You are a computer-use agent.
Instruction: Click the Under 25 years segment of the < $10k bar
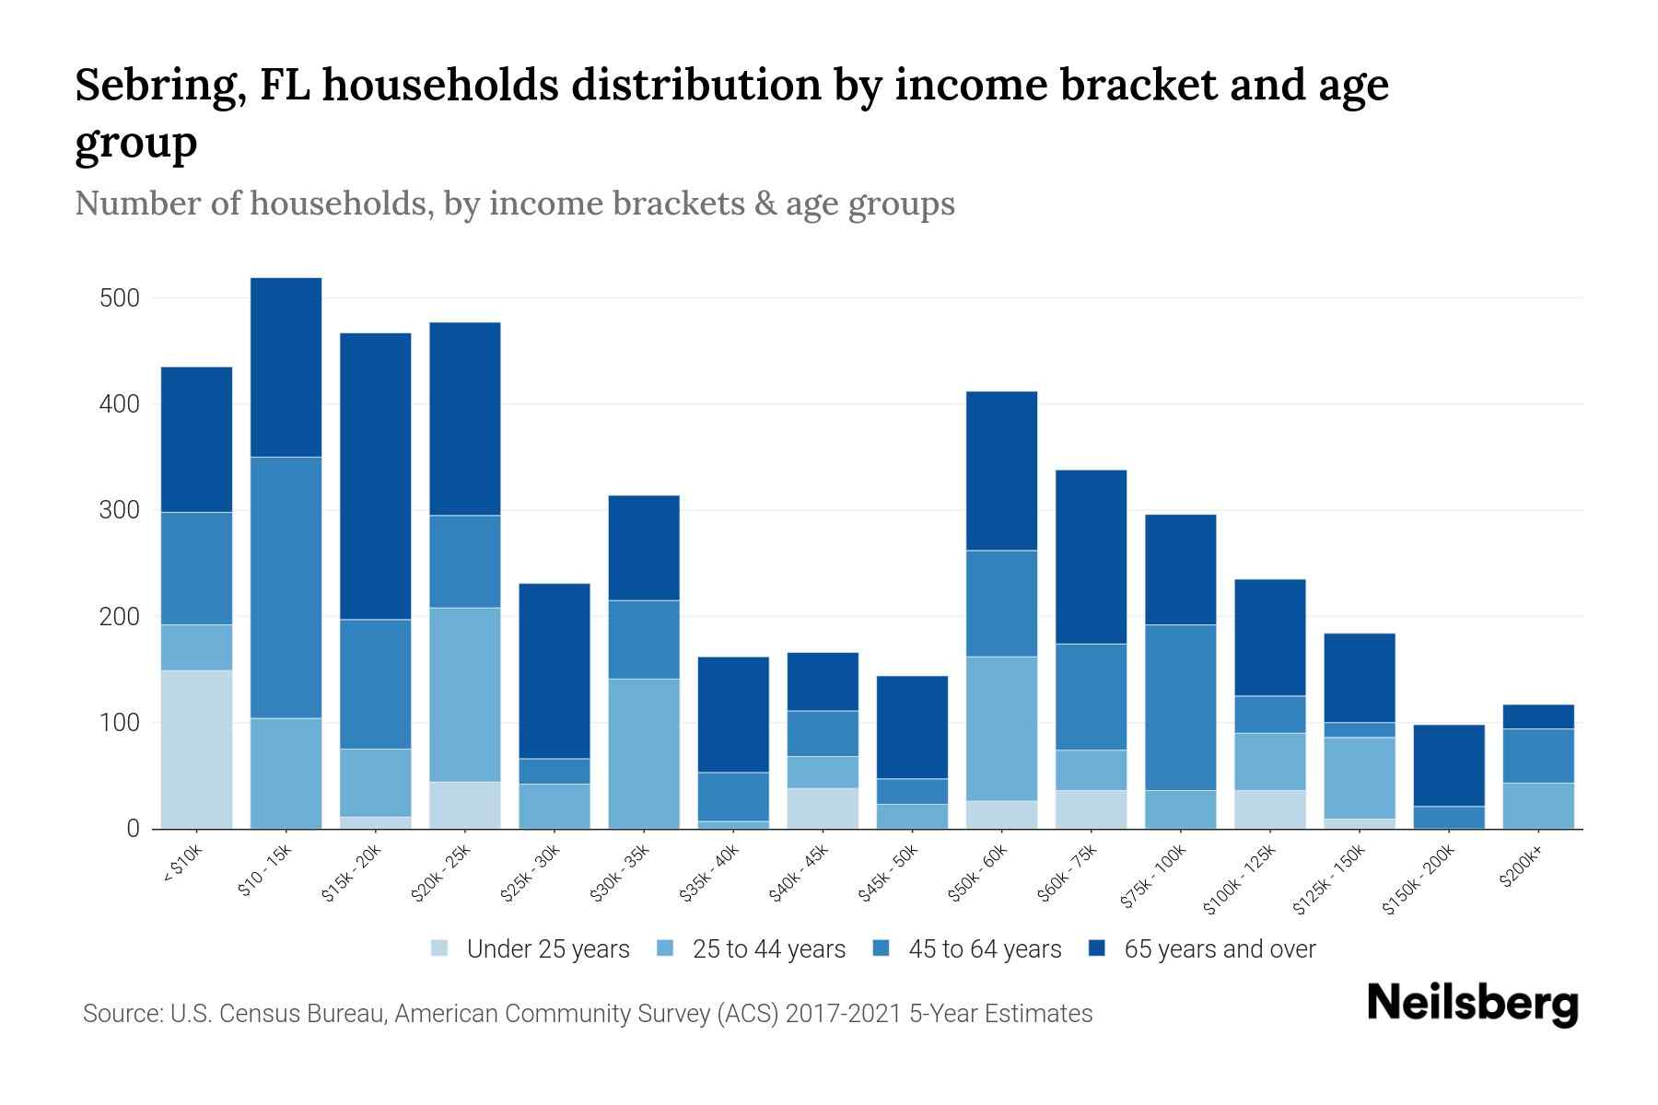coord(196,749)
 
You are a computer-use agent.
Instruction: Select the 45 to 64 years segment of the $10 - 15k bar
coord(286,587)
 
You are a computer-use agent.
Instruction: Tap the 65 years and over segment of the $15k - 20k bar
coord(375,475)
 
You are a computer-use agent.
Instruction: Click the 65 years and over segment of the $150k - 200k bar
coord(1449,765)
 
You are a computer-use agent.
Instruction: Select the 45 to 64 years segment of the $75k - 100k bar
coord(1180,707)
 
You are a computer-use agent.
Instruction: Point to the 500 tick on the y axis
coord(120,298)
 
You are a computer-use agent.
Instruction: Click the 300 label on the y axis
coord(120,510)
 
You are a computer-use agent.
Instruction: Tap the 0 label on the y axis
coord(133,829)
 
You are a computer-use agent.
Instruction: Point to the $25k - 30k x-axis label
coord(531,873)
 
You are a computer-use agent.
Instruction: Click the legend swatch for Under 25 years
coord(440,948)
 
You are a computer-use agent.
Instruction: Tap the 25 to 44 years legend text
coord(768,948)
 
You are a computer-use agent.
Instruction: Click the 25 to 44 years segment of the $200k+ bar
coord(1538,806)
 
